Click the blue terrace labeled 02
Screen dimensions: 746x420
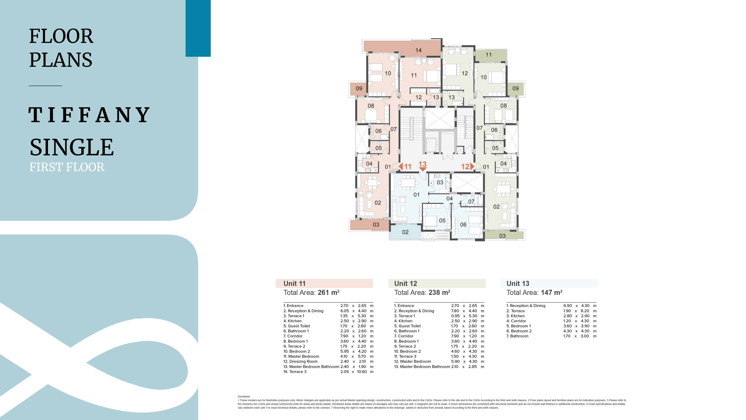pyautogui.click(x=405, y=232)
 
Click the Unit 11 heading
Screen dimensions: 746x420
pyautogui.click(x=294, y=283)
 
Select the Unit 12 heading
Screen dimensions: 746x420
pyautogui.click(x=405, y=283)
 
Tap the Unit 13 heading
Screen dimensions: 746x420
pyautogui.click(x=518, y=283)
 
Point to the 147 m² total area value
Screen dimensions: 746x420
pyautogui.click(x=551, y=293)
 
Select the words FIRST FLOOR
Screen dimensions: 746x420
pyautogui.click(x=67, y=167)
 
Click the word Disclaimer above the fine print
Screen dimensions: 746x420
pyautogui.click(x=244, y=397)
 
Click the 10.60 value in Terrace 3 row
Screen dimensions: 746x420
pyautogui.click(x=362, y=372)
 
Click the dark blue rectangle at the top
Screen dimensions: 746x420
pyautogui.click(x=198, y=28)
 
